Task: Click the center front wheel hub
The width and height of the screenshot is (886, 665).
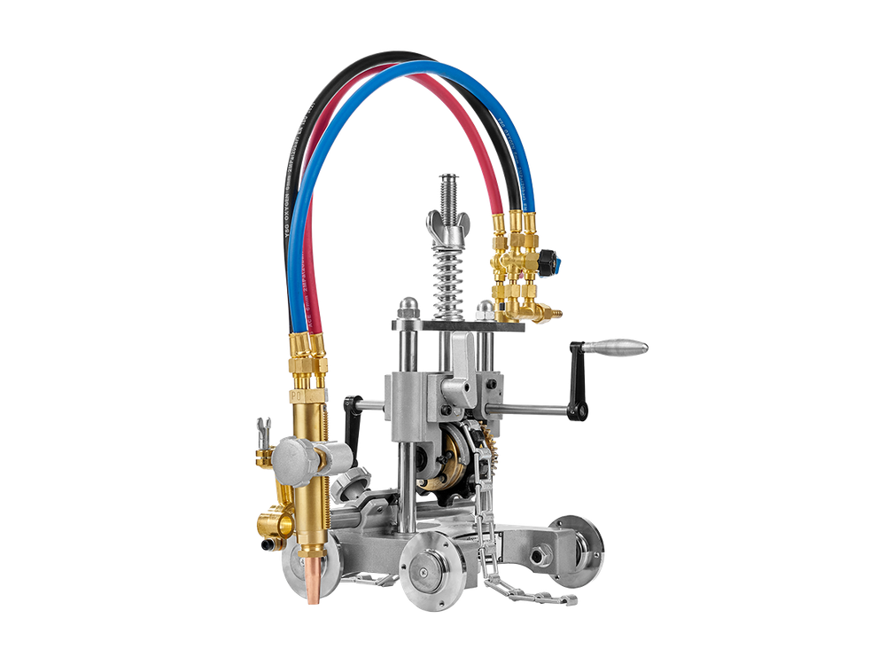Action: tap(428, 567)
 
